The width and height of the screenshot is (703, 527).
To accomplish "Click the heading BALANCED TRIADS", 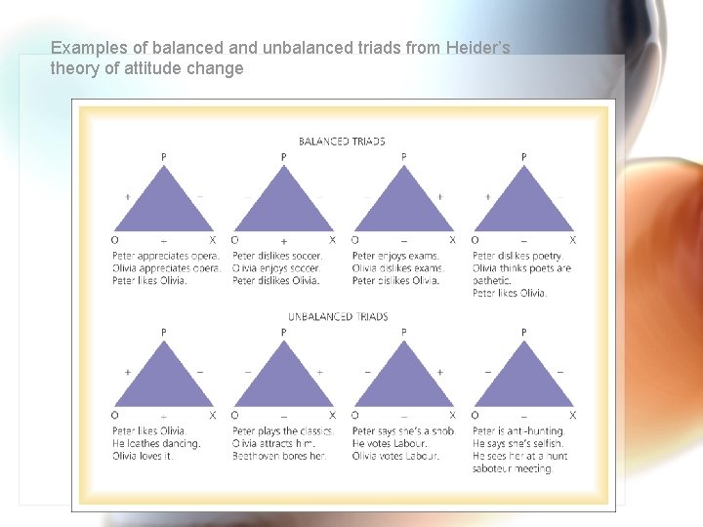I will click(342, 142).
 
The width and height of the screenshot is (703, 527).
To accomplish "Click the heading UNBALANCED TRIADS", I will click(338, 317).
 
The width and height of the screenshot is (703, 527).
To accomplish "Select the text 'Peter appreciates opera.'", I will click(166, 257).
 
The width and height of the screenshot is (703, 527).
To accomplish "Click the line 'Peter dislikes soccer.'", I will click(277, 257).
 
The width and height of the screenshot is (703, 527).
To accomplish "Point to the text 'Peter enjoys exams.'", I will click(396, 257).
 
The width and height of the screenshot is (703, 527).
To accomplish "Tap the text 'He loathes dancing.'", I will click(156, 443).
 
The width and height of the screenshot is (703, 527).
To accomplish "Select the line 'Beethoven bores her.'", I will click(278, 456).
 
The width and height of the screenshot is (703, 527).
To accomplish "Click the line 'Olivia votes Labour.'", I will click(395, 456).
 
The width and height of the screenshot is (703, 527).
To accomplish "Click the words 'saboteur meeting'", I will click(513, 468).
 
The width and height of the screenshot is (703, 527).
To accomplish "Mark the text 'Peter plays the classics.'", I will click(283, 431).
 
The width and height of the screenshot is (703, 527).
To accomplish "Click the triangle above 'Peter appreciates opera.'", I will click(163, 205).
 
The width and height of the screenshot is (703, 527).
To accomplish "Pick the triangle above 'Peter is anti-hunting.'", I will click(524, 381).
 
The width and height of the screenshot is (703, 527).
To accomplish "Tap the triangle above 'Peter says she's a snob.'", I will click(404, 381).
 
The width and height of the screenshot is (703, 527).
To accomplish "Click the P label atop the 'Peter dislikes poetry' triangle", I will click(524, 156).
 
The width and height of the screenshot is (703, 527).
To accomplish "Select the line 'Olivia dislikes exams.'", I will click(396, 268).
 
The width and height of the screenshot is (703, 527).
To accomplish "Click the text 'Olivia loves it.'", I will click(143, 456).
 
